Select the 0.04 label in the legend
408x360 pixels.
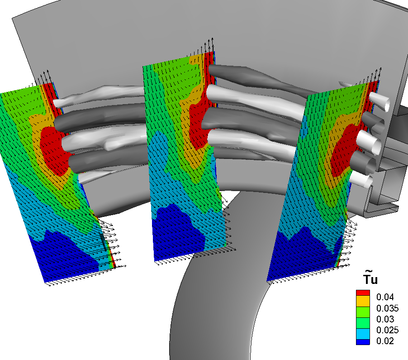(385, 297)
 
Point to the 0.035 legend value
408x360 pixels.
(388, 308)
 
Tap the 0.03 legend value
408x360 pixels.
(385, 319)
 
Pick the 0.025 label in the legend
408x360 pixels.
(388, 330)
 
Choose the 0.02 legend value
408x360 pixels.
(385, 341)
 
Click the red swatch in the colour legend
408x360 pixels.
(363, 293)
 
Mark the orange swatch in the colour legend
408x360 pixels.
(363, 301)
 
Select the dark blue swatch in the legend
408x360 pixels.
(363, 342)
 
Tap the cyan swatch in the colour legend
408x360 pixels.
(363, 334)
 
